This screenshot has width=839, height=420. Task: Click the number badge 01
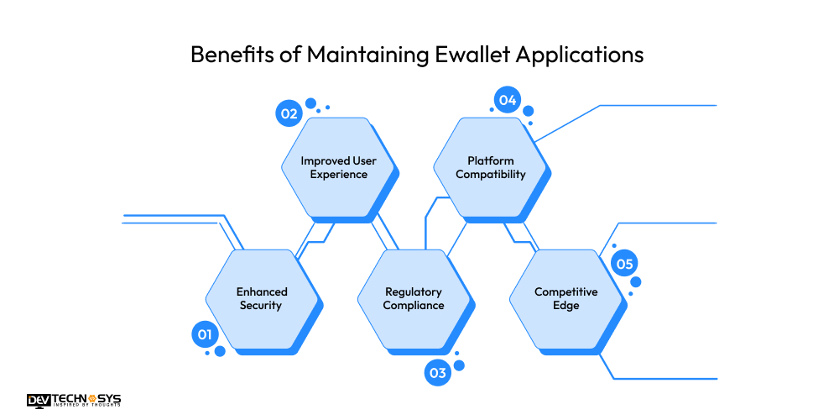203,335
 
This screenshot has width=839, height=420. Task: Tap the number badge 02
289,113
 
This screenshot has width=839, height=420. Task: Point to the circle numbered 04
507,100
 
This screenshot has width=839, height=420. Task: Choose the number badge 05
624,264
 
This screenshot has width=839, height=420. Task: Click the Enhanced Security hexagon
261,298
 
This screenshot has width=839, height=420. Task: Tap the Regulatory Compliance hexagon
414,298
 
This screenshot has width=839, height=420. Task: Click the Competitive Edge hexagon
566,298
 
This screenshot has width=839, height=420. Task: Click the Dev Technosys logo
75,401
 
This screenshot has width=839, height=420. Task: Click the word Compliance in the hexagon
414,306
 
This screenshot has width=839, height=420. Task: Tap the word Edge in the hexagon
566,306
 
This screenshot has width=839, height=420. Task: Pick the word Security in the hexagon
261,306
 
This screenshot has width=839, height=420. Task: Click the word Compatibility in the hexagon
491,175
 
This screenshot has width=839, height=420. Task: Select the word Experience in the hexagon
339,175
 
